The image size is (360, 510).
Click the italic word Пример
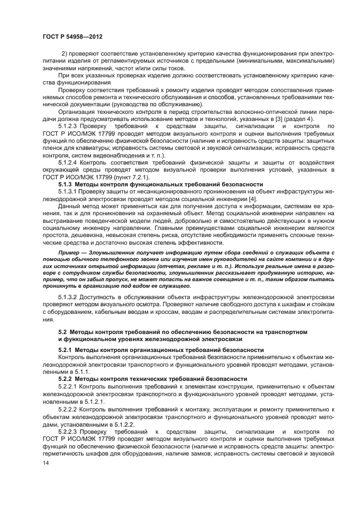coord(72,254)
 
